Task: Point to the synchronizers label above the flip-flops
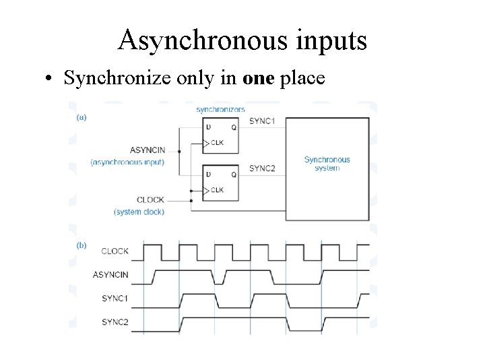tap(220, 109)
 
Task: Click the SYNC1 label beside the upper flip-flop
tap(261, 121)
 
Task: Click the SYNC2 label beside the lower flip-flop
tap(261, 168)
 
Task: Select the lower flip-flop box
tap(220, 182)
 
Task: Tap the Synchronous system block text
tap(327, 164)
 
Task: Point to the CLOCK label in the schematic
tap(150, 200)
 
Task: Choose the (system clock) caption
tap(139, 212)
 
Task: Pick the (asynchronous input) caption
tap(127, 162)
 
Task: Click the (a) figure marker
tap(81, 117)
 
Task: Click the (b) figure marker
tap(81, 245)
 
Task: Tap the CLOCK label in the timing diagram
tap(115, 251)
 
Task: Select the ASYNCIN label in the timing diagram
tap(110, 274)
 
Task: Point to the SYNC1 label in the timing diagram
tap(115, 298)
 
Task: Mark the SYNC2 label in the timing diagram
tap(115, 322)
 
